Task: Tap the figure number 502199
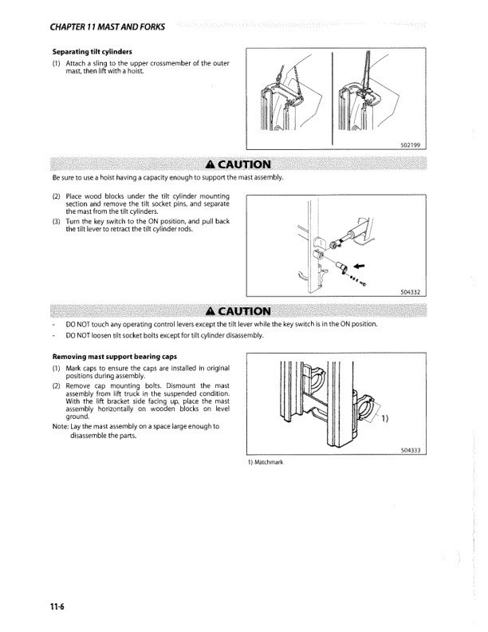[411, 144]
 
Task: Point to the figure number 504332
[411, 292]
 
